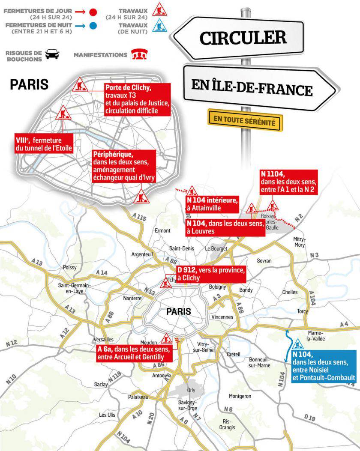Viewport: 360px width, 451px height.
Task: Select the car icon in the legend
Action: pos(52,54)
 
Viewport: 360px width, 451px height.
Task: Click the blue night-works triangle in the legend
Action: pos(160,26)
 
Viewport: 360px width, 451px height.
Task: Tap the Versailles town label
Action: pos(103,340)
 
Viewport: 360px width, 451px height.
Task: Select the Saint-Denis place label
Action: pos(182,248)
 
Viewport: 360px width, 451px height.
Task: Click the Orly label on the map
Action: pos(191,390)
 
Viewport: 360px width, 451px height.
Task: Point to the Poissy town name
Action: pos(69,267)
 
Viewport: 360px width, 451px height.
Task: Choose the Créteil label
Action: pos(233,354)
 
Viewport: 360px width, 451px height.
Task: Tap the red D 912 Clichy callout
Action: pos(210,274)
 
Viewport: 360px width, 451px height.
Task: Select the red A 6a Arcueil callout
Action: pos(134,353)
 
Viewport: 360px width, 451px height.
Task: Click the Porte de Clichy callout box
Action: pos(137,99)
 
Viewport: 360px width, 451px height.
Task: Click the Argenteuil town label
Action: pos(142,254)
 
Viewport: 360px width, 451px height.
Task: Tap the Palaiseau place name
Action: pos(138,397)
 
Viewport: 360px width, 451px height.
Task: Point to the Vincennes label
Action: pos(222,317)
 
